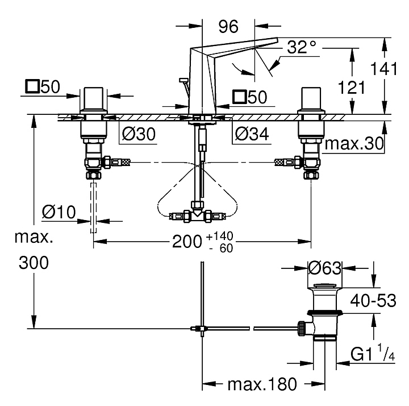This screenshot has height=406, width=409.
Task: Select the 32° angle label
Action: pyautogui.click(x=301, y=47)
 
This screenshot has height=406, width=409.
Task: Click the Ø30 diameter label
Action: pyautogui.click(x=139, y=134)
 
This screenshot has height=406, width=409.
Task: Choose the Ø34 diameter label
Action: pyautogui.click(x=251, y=134)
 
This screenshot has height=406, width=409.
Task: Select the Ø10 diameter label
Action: pyautogui.click(x=59, y=213)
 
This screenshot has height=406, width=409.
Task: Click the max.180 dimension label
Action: pyautogui.click(x=262, y=386)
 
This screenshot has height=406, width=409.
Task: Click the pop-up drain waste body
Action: pyautogui.click(x=325, y=316)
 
